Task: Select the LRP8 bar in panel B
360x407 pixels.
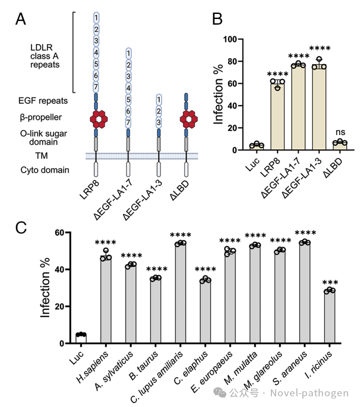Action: [277, 116]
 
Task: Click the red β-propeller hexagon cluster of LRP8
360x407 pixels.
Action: [96, 119]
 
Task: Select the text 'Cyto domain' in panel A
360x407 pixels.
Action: [45, 170]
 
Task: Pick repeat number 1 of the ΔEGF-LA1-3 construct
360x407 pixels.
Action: [159, 99]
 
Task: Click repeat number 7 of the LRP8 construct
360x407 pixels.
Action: [96, 87]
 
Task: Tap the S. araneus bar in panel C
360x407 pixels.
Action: [304, 292]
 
